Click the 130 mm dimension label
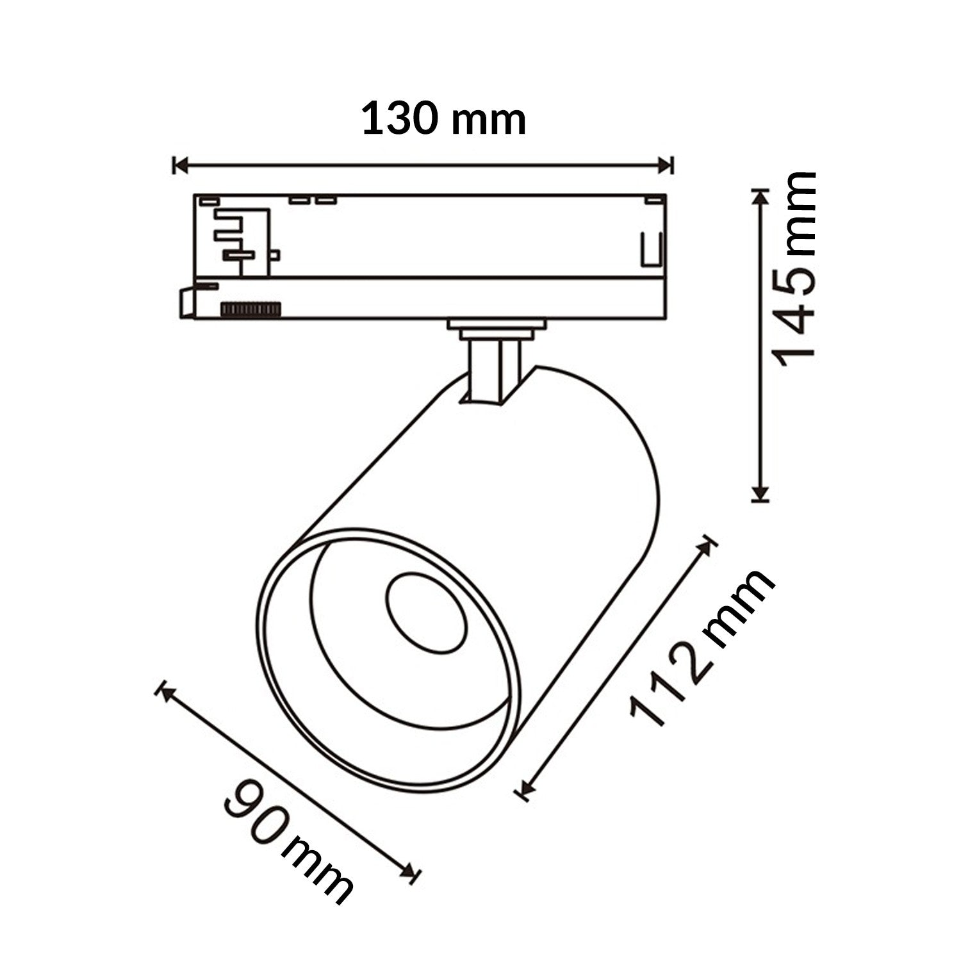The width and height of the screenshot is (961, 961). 443,120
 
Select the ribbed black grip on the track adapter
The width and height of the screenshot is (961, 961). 251,309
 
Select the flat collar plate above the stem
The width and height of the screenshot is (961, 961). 497,325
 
